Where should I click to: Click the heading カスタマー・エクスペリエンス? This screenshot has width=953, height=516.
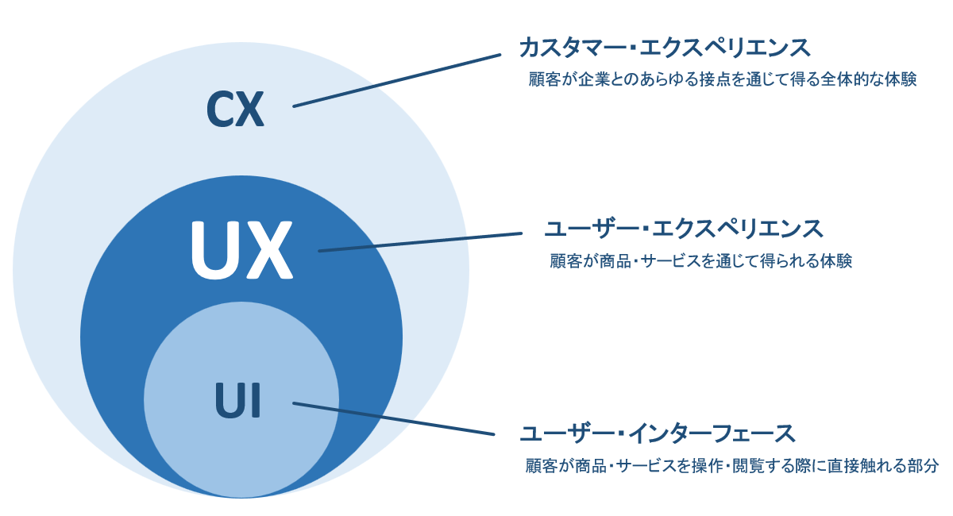(x=665, y=48)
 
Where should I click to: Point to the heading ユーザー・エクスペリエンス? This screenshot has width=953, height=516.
(x=684, y=229)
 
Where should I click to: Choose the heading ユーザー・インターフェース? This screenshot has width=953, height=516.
(x=657, y=433)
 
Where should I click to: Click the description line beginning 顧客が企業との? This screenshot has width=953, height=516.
(x=723, y=79)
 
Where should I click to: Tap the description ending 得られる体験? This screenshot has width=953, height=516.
(x=700, y=260)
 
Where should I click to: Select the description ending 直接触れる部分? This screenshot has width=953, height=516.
(x=731, y=465)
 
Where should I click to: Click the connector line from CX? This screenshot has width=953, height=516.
(x=397, y=80)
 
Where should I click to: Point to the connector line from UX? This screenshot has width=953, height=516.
(x=420, y=242)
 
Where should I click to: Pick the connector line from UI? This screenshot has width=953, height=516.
(x=394, y=419)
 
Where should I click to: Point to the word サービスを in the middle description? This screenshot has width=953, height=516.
(x=673, y=260)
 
